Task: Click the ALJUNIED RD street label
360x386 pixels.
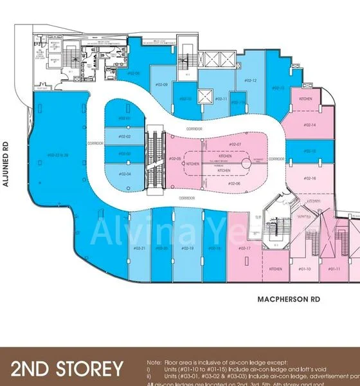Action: [x=6, y=164]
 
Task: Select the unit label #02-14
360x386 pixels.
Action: [x=309, y=125]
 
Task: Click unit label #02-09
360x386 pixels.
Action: [x=161, y=85]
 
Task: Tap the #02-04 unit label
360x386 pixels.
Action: [x=124, y=174]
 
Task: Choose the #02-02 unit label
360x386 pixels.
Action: [x=124, y=136]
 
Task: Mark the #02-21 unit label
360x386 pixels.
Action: [x=139, y=248]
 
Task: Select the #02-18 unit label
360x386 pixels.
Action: [x=188, y=248]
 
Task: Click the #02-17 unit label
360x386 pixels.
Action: [x=244, y=248]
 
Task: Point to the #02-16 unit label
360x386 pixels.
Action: [x=309, y=178]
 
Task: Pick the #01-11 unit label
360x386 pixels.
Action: [x=334, y=269]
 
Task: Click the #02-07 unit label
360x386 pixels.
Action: [x=234, y=144]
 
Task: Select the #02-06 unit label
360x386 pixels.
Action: [x=234, y=183]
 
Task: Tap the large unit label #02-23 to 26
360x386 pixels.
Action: [x=58, y=155]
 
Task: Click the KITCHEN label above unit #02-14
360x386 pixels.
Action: [x=305, y=98]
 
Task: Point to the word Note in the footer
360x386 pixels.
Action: [x=154, y=363]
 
